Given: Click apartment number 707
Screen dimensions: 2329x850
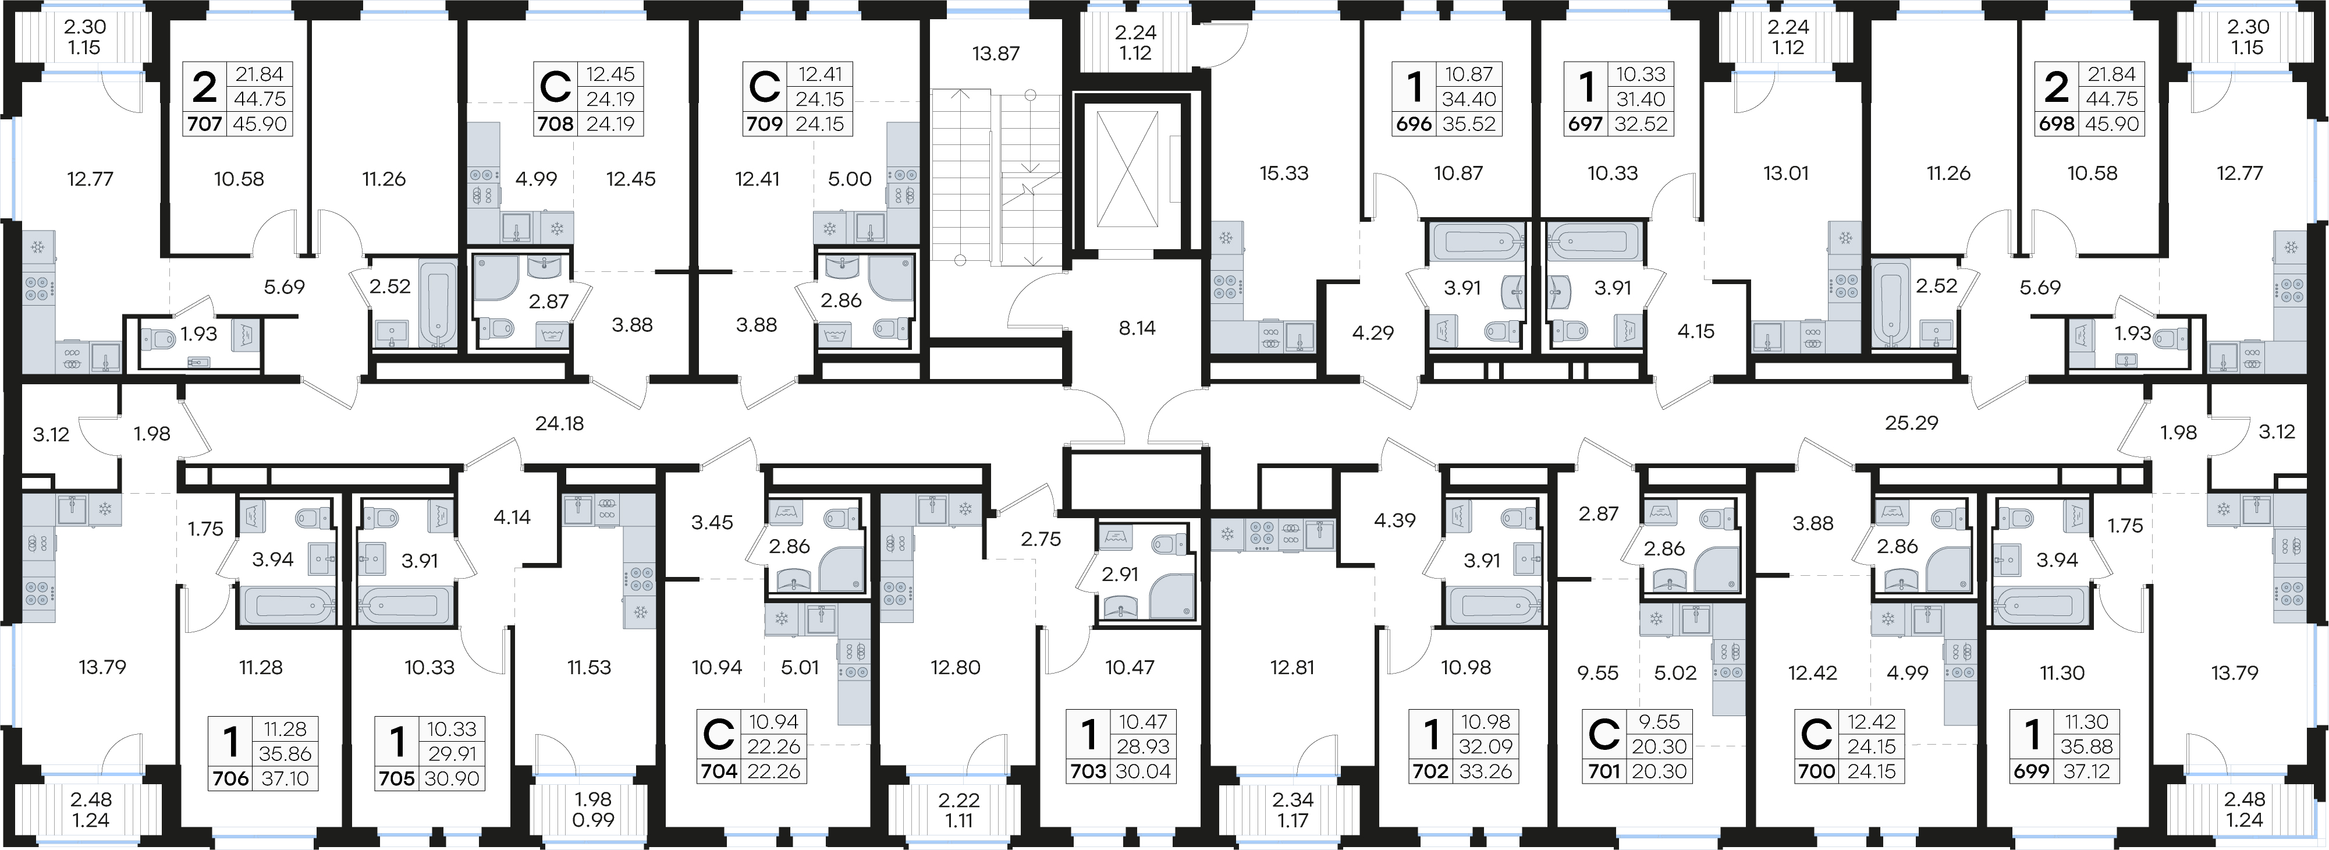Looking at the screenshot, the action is coord(205,124).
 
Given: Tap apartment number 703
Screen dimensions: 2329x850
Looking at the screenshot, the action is coord(1088,771).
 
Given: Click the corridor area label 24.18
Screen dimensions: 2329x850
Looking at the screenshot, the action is coord(560,423).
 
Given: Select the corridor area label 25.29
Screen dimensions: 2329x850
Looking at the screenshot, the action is coord(1911,422).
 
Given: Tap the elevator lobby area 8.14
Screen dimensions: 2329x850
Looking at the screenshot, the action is coord(1137,328).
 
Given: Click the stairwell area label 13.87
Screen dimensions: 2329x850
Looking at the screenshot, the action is coord(995,54).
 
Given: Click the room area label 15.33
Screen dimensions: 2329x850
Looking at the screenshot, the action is coord(1284,173).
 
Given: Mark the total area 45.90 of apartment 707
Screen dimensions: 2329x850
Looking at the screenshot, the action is coord(260,124).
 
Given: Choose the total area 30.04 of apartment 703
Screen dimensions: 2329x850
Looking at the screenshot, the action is coord(1144,771).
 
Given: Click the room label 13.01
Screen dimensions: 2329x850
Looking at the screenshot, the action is coord(1785,173).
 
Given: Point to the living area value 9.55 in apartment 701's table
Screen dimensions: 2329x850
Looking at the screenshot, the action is coord(1659,721).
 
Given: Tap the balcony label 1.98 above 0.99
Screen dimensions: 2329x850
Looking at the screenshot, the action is coord(593,799).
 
